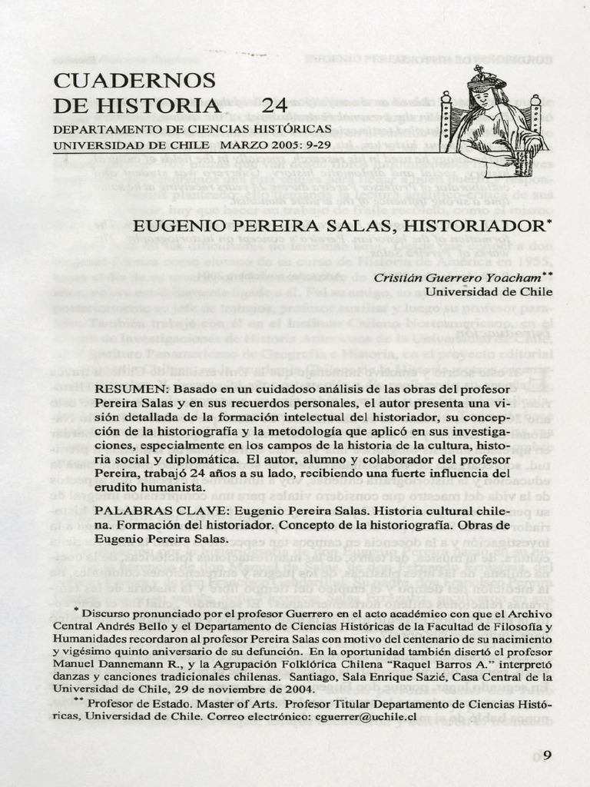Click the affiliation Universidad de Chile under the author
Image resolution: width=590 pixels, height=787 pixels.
tap(489, 292)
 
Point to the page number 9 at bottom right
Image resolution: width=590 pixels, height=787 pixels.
tap(547, 755)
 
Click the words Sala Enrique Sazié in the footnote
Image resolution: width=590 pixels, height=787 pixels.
tap(383, 678)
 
